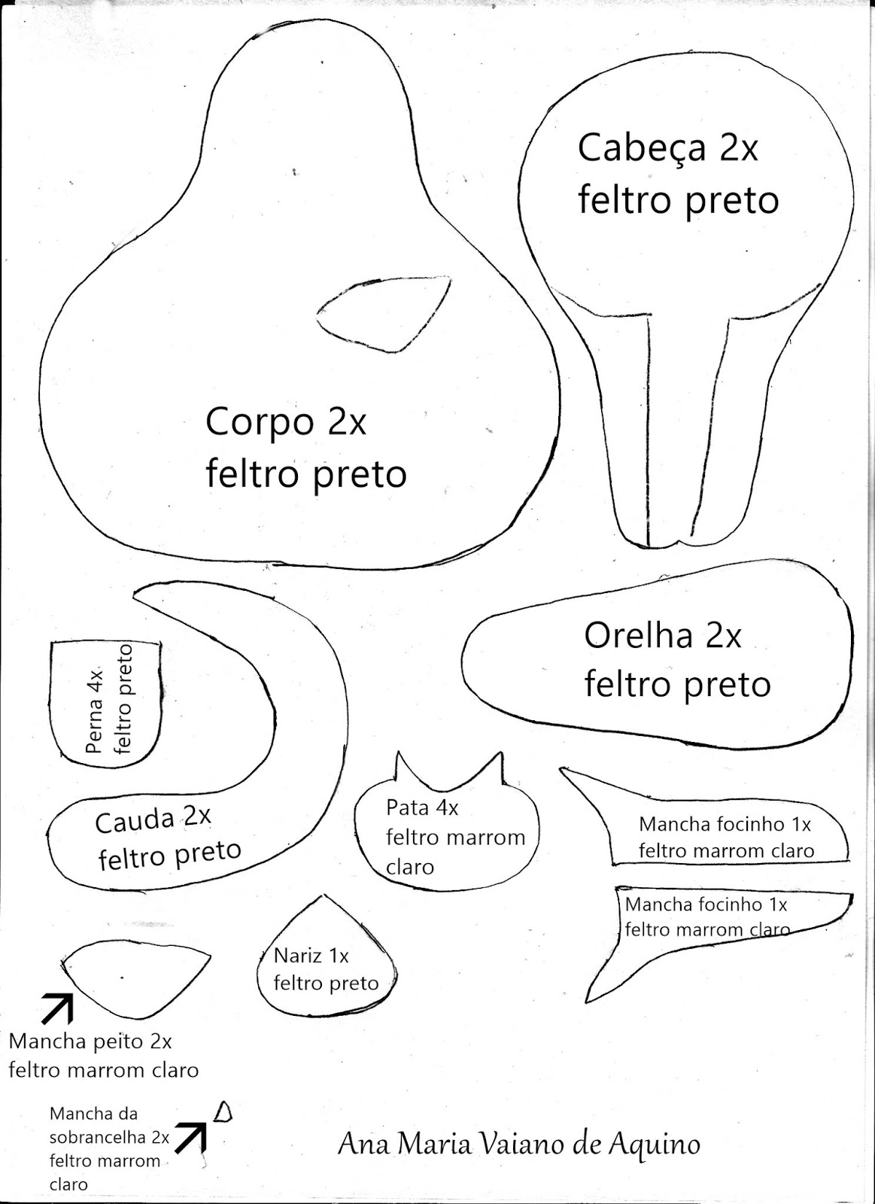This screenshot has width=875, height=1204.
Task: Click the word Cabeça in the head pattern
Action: click(x=641, y=149)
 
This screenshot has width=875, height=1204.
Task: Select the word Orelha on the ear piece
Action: click(x=638, y=636)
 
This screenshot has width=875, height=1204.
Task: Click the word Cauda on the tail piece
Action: click(x=135, y=821)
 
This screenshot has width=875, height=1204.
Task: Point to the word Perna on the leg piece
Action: click(x=95, y=725)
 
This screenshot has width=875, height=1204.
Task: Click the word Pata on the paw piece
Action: click(x=407, y=807)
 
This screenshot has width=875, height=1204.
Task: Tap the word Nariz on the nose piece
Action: click(x=298, y=956)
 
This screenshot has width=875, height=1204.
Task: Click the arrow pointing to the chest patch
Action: click(x=57, y=1008)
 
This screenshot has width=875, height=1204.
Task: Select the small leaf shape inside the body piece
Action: click(x=383, y=315)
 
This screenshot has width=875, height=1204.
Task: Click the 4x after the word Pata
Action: click(x=447, y=807)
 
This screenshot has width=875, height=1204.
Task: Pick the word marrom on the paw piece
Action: click(x=491, y=838)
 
